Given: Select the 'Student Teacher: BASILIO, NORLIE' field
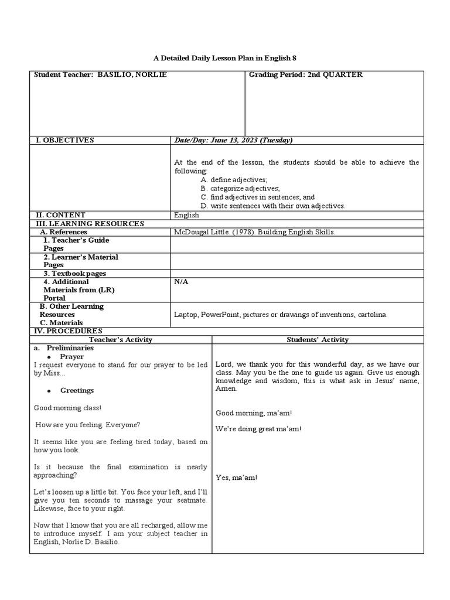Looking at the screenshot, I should pyautogui.click(x=100, y=75).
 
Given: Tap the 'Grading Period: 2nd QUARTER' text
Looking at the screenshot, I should pyautogui.click(x=305, y=75).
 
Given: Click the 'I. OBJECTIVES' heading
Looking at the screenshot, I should pyautogui.click(x=64, y=141).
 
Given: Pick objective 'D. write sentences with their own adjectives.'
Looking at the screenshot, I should pyautogui.click(x=272, y=206).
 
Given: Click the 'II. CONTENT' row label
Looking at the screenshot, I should pyautogui.click(x=61, y=215).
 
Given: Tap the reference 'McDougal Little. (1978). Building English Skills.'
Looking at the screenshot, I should pyautogui.click(x=254, y=232).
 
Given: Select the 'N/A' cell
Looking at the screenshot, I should pyautogui.click(x=181, y=282).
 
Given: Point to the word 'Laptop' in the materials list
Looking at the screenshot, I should pyautogui.click(x=185, y=315).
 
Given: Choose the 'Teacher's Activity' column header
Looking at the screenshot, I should pyautogui.click(x=121, y=340).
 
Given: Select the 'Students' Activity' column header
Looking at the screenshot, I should pyautogui.click(x=318, y=340).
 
